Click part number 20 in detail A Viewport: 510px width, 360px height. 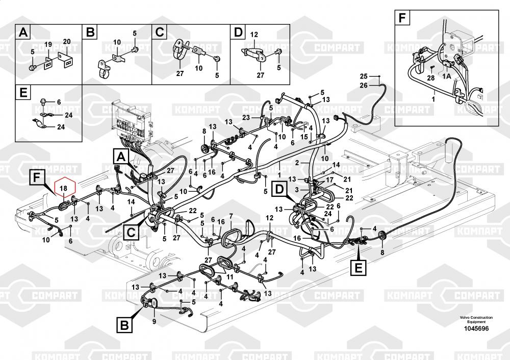pos(66,41)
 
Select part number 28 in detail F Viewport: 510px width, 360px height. pos(430,78)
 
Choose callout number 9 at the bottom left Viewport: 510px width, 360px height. pos(154,321)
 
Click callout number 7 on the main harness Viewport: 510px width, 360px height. pos(231,217)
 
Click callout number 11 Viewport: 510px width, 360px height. pos(229,277)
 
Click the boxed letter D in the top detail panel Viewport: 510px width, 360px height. pos(238,33)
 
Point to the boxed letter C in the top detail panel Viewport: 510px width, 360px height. pos(160,33)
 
